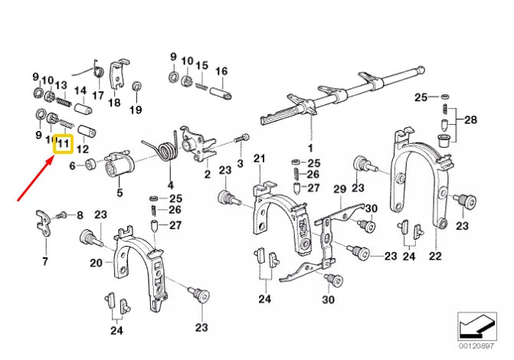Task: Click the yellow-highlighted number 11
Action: tap(63, 142)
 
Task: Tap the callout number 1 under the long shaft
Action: tap(311, 146)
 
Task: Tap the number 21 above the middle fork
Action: tap(259, 159)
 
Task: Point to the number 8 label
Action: tap(80, 217)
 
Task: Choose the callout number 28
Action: tap(470, 121)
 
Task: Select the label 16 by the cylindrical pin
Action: tap(221, 71)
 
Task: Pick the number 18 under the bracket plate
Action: tap(114, 102)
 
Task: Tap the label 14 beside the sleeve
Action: tap(80, 91)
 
